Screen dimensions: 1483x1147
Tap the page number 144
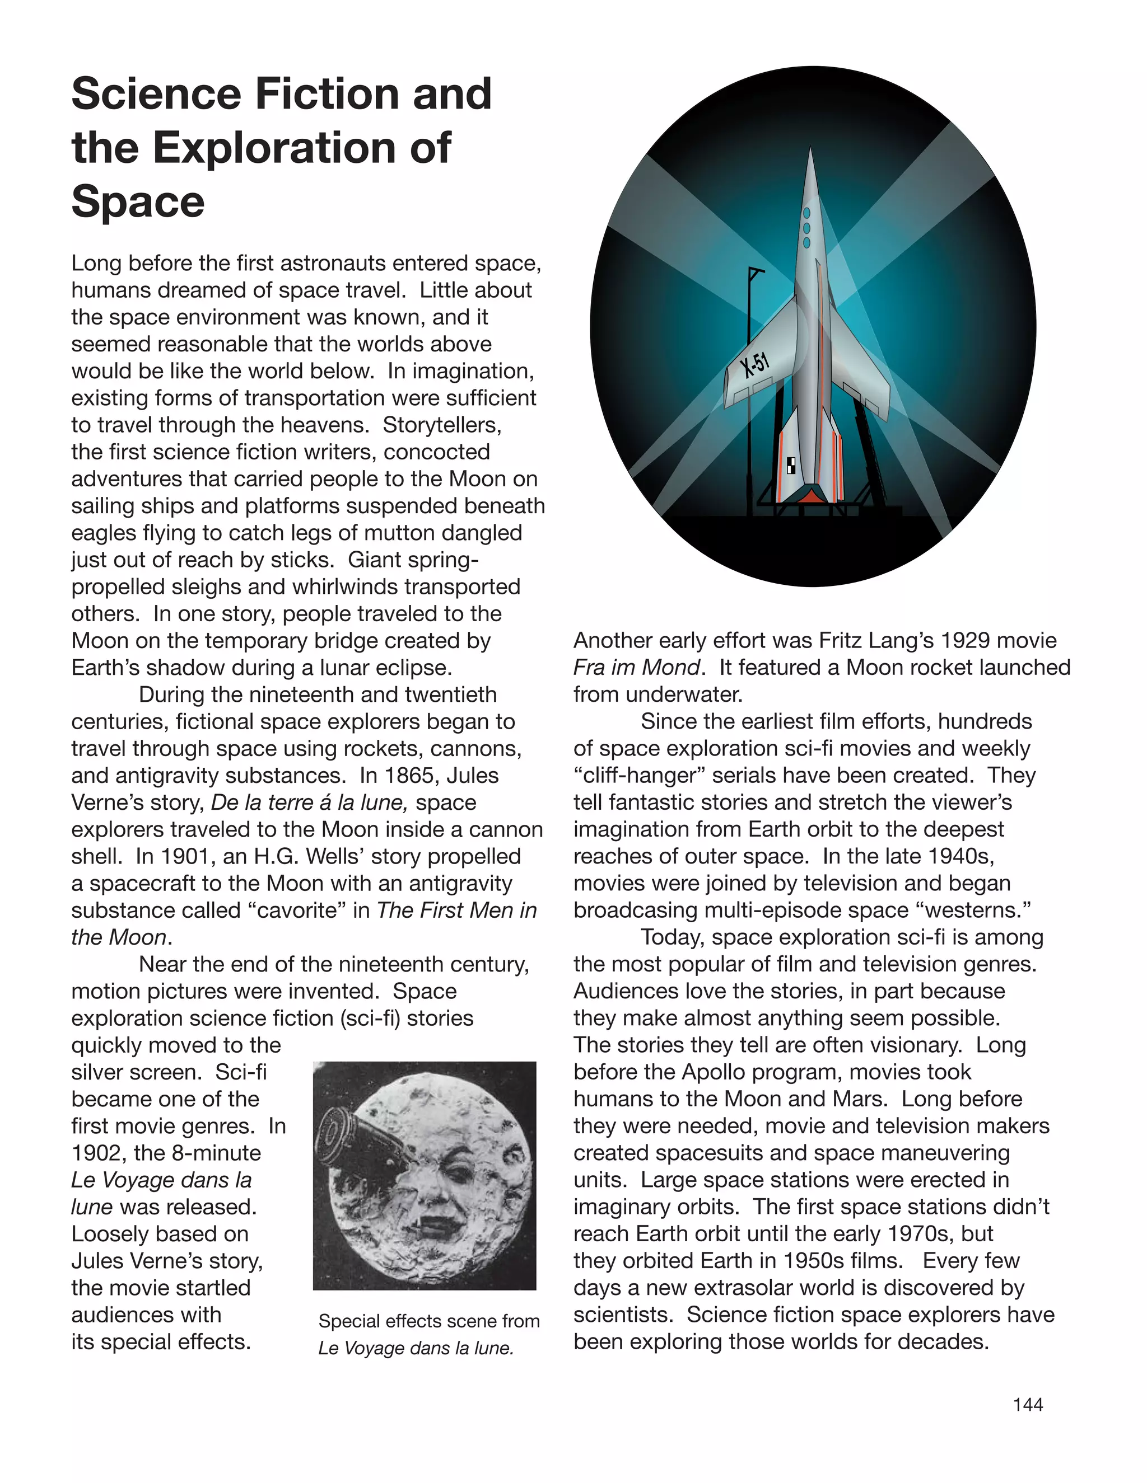(1027, 1405)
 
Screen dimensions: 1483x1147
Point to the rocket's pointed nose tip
(810, 150)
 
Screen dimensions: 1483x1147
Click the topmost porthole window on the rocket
(807, 213)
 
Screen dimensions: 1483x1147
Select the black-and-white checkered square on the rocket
(791, 465)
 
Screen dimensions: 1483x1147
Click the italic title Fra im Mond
(636, 668)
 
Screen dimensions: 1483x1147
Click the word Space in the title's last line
(138, 201)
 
